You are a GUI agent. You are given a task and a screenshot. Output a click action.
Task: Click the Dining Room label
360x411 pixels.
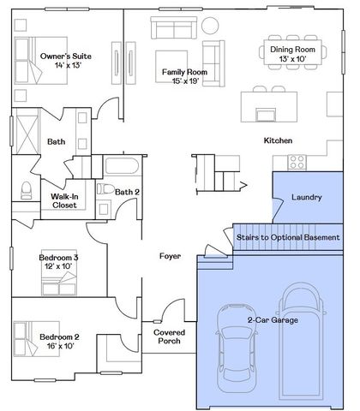click(x=292, y=50)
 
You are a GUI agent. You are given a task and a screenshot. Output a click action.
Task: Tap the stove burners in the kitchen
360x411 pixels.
click(x=297, y=162)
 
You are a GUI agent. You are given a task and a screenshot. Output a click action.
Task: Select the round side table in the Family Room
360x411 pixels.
click(x=210, y=26)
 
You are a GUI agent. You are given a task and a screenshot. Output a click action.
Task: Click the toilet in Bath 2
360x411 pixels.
click(x=105, y=189)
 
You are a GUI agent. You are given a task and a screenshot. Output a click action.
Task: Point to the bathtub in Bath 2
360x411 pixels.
click(x=122, y=165)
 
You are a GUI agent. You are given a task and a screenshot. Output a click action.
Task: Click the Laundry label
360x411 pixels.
click(x=307, y=197)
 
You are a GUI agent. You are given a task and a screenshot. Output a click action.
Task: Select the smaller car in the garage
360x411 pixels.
click(x=237, y=348)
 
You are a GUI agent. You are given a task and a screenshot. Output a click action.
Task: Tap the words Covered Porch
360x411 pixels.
click(x=169, y=337)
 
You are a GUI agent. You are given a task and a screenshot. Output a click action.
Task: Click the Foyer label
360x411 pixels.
click(x=170, y=256)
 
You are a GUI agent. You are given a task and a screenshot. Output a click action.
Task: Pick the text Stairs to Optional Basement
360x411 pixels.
click(x=288, y=237)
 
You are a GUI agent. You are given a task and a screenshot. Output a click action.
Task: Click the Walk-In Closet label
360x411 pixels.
click(x=64, y=200)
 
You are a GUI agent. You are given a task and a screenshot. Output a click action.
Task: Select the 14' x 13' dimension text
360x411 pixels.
click(x=68, y=65)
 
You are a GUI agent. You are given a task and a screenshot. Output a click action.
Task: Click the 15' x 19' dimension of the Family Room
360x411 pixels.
click(x=185, y=81)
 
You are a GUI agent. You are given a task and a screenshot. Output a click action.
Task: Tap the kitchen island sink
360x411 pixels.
click(x=266, y=115)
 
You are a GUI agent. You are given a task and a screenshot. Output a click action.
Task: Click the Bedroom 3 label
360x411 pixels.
click(x=58, y=258)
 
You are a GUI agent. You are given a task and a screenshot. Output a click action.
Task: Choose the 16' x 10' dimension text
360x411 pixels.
click(x=61, y=346)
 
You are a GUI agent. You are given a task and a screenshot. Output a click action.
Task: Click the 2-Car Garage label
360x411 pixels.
click(x=273, y=320)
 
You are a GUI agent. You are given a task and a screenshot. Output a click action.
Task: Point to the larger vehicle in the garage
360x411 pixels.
click(x=302, y=342)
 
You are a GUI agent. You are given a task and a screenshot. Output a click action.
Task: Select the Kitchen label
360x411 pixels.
click(x=278, y=140)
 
